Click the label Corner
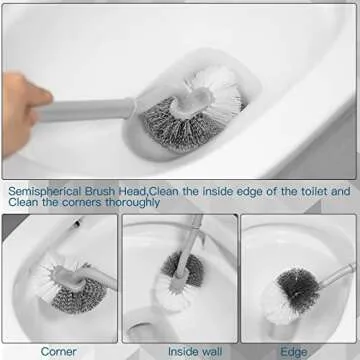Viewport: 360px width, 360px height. point(59,351)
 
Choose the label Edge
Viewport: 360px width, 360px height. point(294,351)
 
